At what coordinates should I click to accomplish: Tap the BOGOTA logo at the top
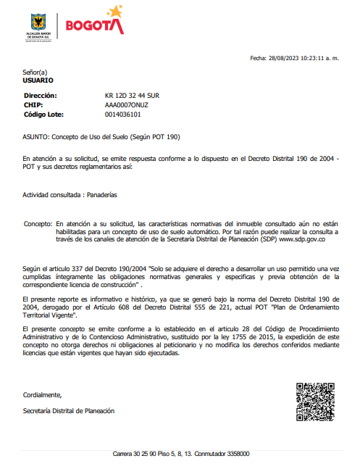tap(94, 23)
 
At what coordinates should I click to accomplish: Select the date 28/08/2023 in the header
tap(284, 58)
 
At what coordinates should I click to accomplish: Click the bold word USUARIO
tap(38, 80)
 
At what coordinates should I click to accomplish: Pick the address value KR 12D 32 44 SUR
tap(133, 96)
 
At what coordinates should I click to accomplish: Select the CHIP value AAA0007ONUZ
tap(127, 105)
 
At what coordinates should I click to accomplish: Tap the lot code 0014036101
tap(123, 115)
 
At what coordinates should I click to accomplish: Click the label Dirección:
tap(41, 96)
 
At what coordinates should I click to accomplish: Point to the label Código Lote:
tap(46, 115)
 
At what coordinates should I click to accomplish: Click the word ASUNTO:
tap(35, 136)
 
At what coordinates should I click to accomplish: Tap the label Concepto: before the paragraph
tap(38, 224)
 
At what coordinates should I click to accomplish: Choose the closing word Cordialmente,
tap(43, 395)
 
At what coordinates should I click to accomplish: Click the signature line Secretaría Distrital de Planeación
tap(69, 411)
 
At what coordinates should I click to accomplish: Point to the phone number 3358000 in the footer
tap(237, 454)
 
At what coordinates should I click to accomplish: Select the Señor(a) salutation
tap(35, 72)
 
